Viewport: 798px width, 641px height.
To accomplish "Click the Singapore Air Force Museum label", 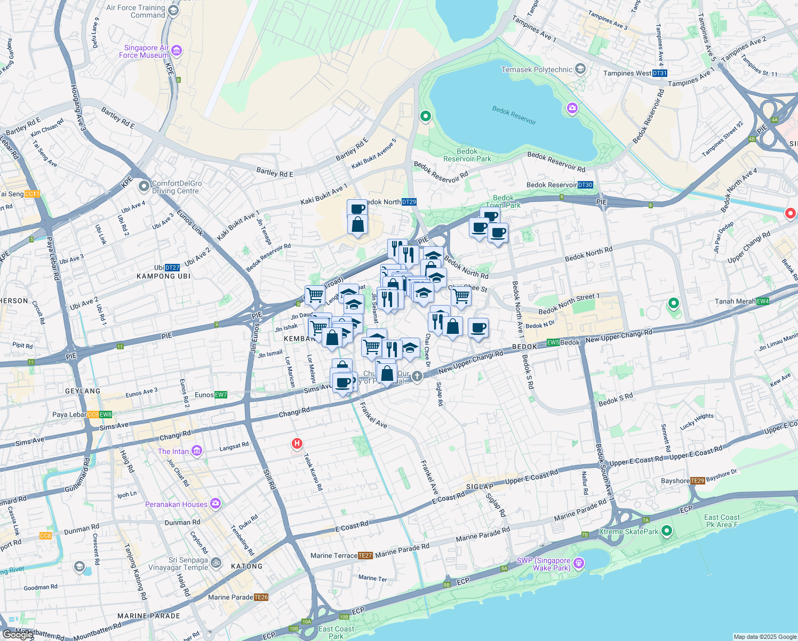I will tap(143, 51).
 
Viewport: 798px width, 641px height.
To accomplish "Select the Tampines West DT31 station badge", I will tap(660, 73).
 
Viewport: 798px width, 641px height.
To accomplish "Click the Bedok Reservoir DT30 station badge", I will tap(585, 185).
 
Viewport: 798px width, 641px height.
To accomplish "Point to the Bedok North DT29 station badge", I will tap(409, 202).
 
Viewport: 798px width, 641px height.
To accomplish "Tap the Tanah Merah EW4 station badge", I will tap(763, 301).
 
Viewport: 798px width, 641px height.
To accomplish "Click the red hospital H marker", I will tap(297, 443).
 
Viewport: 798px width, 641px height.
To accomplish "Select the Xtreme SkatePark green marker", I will tap(666, 531).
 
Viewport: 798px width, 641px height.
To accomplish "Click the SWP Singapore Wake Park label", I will tap(544, 564).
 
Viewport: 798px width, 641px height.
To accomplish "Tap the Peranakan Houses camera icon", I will tap(215, 503).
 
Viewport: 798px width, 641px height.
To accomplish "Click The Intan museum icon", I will tap(197, 451).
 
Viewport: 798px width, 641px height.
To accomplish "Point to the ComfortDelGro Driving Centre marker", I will tap(143, 186).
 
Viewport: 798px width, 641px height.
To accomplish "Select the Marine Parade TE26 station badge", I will tap(261, 597).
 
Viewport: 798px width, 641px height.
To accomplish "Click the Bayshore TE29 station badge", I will tap(698, 481).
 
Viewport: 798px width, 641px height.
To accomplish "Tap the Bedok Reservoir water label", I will tap(514, 115).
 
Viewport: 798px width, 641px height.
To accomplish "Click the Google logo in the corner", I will tap(18, 635).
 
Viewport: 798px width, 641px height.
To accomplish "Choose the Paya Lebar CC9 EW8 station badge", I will tap(100, 415).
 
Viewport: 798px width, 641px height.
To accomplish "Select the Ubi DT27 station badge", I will tap(172, 268).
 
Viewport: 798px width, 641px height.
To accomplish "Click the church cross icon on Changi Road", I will tap(417, 377).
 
